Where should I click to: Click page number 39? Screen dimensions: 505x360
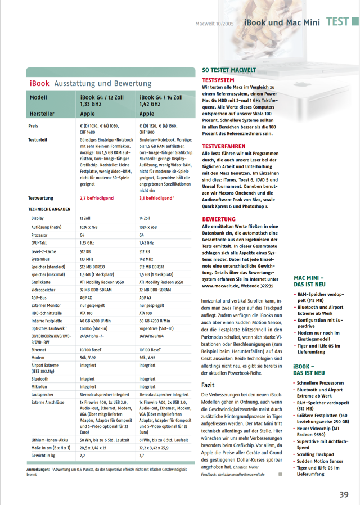click(344, 494)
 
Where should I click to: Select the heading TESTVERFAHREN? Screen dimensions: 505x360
click(223, 146)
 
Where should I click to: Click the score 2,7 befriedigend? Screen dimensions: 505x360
click(97, 198)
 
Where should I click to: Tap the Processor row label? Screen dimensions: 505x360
click(39, 235)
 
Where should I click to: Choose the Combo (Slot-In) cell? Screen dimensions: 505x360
click(94, 328)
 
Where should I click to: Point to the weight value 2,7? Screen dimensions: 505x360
click(142, 455)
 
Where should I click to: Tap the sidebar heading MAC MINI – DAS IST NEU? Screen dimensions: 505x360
click(310, 281)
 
